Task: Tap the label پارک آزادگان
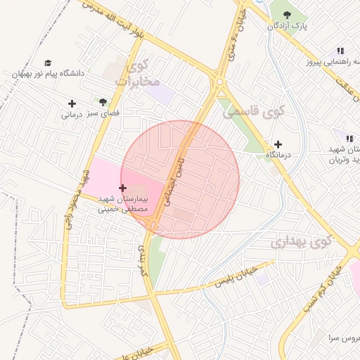[x=287, y=26]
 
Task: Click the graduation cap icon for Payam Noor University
[x=48, y=63]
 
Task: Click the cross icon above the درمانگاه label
[x=278, y=143]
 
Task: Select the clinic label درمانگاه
[x=278, y=154]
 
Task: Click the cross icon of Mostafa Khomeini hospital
[x=123, y=188]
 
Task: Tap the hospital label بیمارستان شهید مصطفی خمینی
[x=123, y=203]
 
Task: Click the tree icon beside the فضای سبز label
[x=103, y=102]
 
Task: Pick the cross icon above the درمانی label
[x=72, y=103]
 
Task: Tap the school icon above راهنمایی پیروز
[x=340, y=51]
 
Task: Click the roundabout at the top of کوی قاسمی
[x=220, y=82]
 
